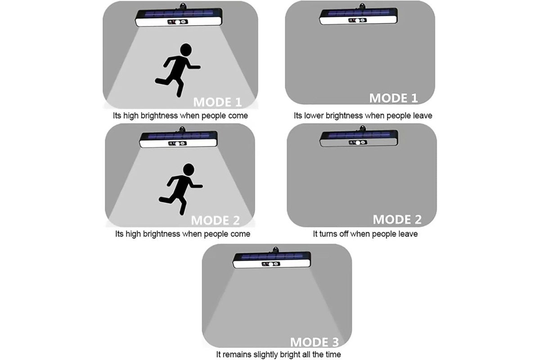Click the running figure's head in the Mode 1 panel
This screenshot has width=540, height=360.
point(186,50)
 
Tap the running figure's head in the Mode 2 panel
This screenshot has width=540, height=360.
point(189,169)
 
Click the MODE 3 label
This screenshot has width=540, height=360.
point(315,342)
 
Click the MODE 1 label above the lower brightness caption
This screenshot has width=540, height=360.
point(393,98)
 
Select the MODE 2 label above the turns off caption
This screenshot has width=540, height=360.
point(397,220)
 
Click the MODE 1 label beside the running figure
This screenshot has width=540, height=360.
point(217,102)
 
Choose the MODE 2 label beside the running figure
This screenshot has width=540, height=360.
point(215,220)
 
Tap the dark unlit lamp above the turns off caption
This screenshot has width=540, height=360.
point(359,138)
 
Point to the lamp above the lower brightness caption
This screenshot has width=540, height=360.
point(358,15)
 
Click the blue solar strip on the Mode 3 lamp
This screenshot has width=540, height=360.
point(272,256)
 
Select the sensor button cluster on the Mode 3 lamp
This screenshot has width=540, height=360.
point(271,264)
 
